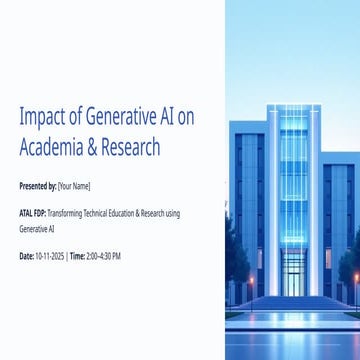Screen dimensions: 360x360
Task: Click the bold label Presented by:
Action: pyautogui.click(x=37, y=186)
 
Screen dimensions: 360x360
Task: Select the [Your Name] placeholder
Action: pyautogui.click(x=74, y=186)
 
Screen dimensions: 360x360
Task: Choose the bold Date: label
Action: pyautogui.click(x=26, y=256)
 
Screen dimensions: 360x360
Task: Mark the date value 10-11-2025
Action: pyautogui.click(x=50, y=256)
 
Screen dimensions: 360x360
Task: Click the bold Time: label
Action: pyautogui.click(x=77, y=256)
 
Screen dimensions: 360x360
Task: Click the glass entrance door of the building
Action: pyautogui.click(x=293, y=284)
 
